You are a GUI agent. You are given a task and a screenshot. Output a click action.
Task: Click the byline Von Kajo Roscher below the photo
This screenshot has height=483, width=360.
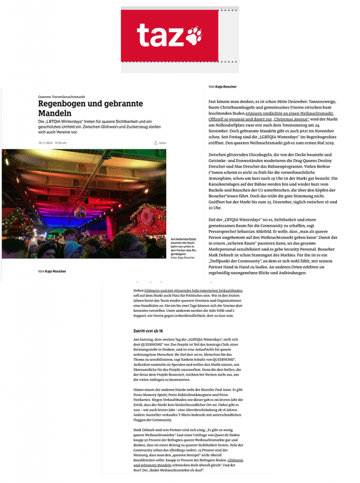point(52,271)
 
